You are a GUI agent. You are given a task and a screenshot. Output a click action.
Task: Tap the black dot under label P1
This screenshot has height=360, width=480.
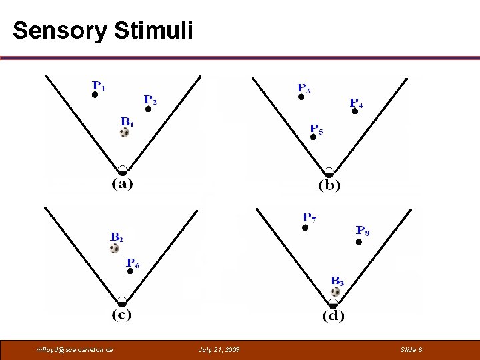click(x=95, y=95)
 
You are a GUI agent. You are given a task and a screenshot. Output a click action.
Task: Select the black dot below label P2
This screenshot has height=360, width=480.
click(x=148, y=109)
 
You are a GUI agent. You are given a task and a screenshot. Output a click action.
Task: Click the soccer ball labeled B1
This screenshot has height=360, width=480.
click(x=125, y=133)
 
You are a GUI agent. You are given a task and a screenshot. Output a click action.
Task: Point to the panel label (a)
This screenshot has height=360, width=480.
click(x=122, y=183)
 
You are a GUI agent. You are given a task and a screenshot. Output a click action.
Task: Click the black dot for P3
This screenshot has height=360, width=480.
click(x=301, y=97)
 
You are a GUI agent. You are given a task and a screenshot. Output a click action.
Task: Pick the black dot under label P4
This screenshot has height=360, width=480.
click(x=355, y=111)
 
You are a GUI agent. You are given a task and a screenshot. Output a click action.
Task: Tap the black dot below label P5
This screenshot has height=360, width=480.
click(x=313, y=137)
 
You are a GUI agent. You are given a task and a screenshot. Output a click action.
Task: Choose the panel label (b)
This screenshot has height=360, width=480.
click(x=329, y=185)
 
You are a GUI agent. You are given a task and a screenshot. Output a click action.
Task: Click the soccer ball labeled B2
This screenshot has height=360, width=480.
click(x=115, y=248)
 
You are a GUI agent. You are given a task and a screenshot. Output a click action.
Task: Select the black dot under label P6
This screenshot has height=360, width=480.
click(x=131, y=271)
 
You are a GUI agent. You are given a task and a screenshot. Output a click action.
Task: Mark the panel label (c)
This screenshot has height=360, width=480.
click(x=121, y=314)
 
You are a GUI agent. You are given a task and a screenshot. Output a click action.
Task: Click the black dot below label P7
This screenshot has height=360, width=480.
click(x=305, y=227)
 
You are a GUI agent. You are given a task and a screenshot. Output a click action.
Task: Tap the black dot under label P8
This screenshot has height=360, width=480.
click(x=359, y=242)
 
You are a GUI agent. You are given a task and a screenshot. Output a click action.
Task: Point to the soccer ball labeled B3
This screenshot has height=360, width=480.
click(x=335, y=292)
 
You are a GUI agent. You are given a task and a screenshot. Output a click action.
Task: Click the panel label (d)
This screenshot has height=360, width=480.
click(x=333, y=315)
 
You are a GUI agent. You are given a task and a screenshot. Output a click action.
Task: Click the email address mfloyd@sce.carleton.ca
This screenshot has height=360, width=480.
click(x=75, y=350)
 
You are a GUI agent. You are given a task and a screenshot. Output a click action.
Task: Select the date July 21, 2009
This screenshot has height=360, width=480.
click(x=219, y=350)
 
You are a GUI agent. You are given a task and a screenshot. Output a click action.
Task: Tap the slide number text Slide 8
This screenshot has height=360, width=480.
click(x=411, y=350)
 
